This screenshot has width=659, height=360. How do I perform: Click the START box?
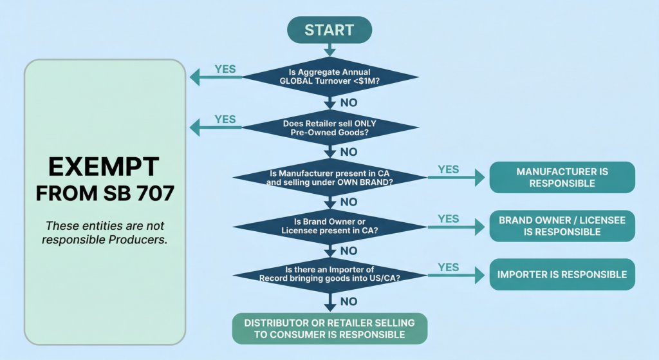coord(329,30)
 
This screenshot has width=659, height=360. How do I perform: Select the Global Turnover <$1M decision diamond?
coord(329,78)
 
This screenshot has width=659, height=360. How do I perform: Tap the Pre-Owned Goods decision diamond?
coord(329,128)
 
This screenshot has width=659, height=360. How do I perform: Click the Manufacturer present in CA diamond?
coord(329,177)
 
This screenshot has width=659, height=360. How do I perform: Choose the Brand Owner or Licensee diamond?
coord(329,226)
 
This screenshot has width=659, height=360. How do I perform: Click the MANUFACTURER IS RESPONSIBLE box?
coord(562,177)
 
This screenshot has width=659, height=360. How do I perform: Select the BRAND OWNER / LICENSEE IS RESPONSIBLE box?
coord(562,226)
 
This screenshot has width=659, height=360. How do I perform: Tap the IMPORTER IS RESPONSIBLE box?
coord(562,274)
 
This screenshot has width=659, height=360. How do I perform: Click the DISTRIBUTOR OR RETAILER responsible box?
coord(329,328)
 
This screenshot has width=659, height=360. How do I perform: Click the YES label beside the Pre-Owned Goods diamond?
coord(225,119)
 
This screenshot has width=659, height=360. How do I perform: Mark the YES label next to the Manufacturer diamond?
coord(449,169)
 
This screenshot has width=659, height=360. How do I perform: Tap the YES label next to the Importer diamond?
coord(449,267)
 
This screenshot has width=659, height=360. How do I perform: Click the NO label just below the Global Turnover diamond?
coord(348,102)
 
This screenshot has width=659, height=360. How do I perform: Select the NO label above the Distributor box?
coord(348,301)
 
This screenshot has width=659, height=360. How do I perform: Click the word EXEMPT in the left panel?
coord(104,167)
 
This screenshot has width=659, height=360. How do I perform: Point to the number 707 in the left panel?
coord(153,193)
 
